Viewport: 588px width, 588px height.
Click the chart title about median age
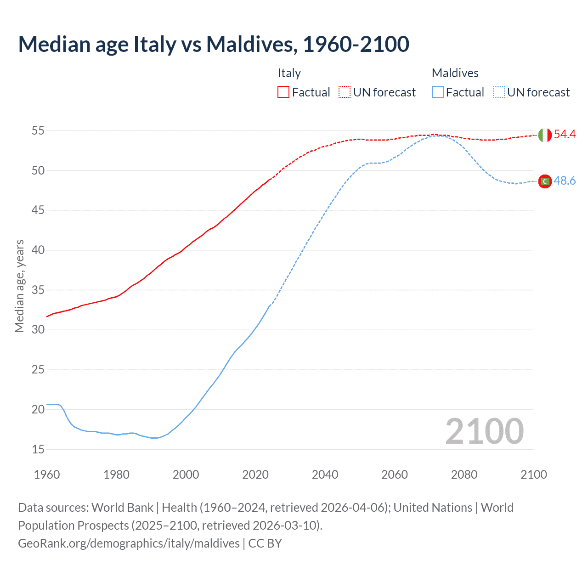coord(214,44)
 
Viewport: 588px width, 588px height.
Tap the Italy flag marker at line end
coord(544,135)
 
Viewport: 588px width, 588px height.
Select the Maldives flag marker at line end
coord(545,181)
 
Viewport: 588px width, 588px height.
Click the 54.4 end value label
coord(565,134)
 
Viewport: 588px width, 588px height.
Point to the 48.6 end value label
coord(565,181)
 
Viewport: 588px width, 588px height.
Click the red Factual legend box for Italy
coord(283,92)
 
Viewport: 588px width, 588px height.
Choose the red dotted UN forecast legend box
coord(345,92)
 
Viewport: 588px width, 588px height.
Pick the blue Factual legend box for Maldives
coord(438,92)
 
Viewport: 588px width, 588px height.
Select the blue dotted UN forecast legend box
coord(499,92)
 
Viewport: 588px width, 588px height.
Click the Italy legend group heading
coord(289,73)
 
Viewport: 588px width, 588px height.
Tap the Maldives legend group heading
coord(455,73)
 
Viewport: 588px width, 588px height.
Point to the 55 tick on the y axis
coord(38,131)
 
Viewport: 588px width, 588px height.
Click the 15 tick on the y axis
coord(38,449)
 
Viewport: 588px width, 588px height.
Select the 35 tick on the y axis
coord(38,290)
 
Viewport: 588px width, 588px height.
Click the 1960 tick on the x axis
coord(47,475)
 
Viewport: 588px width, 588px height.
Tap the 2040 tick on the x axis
coord(325,475)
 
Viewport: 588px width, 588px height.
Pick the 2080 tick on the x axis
coord(464,475)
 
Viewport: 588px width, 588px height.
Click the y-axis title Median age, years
coord(19,286)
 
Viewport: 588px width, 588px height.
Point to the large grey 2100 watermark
coord(484,431)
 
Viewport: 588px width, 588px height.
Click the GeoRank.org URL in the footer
coord(129,543)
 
